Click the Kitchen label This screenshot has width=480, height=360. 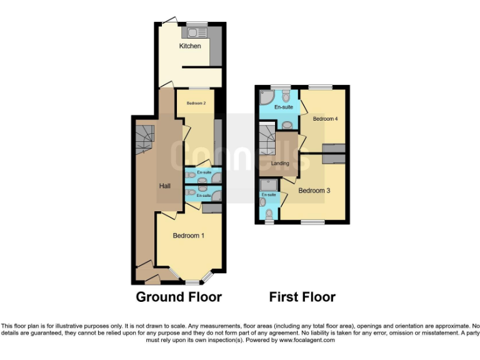tap(190, 46)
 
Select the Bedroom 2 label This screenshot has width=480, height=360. tap(196, 102)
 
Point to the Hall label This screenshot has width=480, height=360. tap(165, 186)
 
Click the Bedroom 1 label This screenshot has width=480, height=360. tap(189, 236)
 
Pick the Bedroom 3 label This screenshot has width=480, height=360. tap(314, 191)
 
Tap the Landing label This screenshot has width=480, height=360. tap(279, 164)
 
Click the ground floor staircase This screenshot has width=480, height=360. tap(144, 137)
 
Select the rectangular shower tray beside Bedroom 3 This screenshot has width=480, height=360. tap(269, 186)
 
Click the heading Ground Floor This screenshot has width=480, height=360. tap(179, 297)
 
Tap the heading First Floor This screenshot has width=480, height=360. tap(302, 297)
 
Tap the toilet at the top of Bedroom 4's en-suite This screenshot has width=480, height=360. tap(286, 96)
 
